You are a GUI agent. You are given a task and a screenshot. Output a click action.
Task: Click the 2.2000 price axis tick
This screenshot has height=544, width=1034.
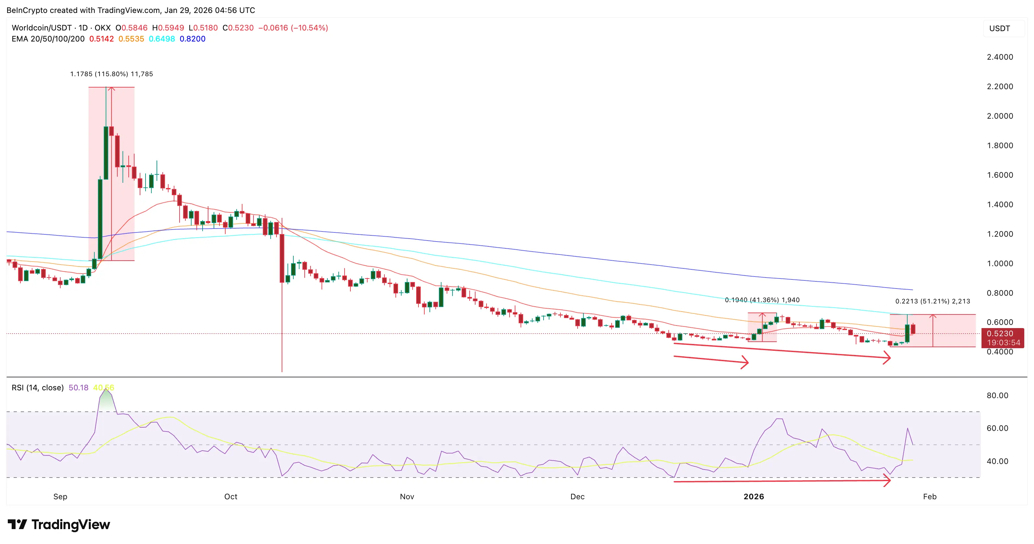pos(1000,86)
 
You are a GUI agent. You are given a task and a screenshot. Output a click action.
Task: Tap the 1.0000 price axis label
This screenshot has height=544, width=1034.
pos(1000,263)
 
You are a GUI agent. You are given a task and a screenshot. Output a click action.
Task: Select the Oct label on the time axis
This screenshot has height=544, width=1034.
pos(230,497)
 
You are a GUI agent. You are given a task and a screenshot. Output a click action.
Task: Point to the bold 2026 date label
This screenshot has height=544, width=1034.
pos(753,497)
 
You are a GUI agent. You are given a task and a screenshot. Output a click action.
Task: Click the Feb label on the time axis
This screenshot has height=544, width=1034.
pos(930,497)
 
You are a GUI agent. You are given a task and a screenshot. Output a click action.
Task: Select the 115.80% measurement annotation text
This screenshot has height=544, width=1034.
pos(111,74)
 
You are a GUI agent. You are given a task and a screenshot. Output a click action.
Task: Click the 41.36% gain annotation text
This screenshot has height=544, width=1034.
pos(762,300)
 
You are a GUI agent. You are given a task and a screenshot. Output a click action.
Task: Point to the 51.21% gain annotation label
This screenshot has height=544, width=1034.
pos(933,301)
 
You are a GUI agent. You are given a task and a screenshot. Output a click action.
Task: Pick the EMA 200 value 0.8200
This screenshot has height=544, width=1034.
pos(192,39)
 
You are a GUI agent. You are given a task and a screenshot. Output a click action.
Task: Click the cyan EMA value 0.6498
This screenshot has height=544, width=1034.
pos(161,39)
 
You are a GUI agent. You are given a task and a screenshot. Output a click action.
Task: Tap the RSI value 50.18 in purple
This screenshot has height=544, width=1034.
pos(78,388)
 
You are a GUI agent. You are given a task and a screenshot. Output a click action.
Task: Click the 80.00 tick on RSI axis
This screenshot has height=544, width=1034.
pos(997,396)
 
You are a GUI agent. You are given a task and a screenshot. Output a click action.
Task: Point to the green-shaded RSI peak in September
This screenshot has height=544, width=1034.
pos(106,399)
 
